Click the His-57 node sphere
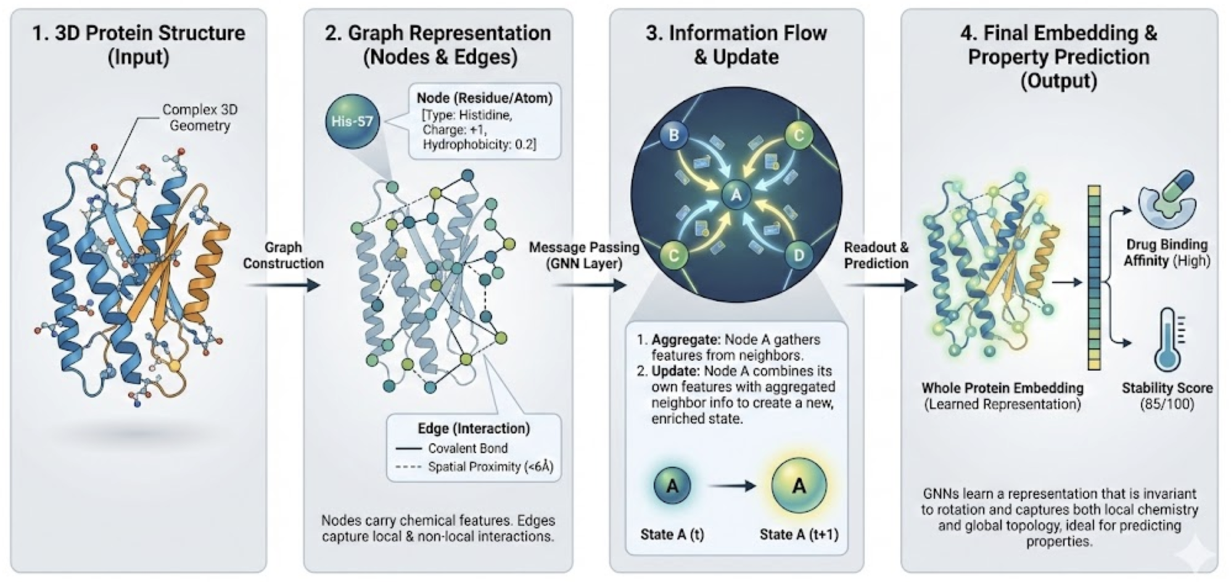(x=352, y=121)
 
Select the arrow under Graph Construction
(x=283, y=285)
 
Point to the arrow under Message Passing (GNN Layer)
(x=588, y=285)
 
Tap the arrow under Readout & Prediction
(x=880, y=285)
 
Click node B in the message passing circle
(x=674, y=135)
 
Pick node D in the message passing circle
(x=799, y=255)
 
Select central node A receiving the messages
(x=736, y=195)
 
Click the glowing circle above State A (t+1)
(x=799, y=486)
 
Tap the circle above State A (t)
(x=673, y=486)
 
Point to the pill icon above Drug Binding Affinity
(x=1167, y=199)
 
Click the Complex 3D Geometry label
(x=199, y=117)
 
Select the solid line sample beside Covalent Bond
(x=408, y=448)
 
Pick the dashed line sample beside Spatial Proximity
(x=408, y=467)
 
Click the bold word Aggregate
(x=685, y=340)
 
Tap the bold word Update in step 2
(x=676, y=371)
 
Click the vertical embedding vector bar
(x=1094, y=277)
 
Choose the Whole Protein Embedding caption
(x=1002, y=388)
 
